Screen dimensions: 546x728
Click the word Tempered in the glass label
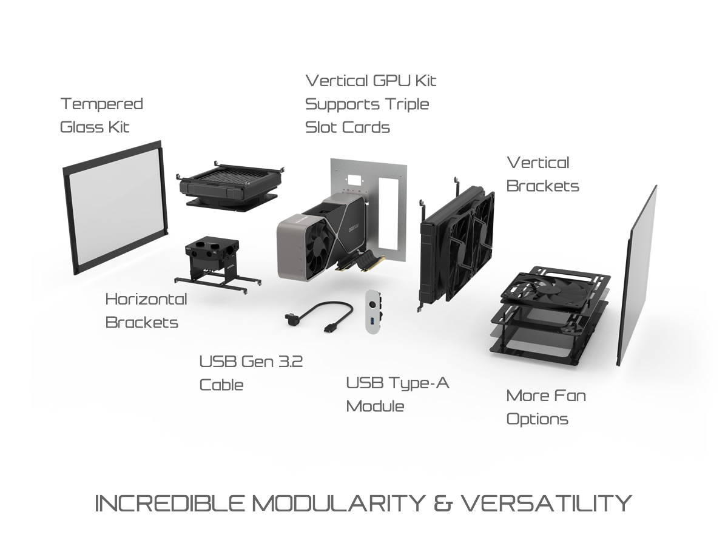click(101, 104)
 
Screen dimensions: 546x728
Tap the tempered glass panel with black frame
click(116, 206)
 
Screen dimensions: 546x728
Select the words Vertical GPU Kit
click(370, 81)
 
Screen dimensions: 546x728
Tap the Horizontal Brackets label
click(146, 311)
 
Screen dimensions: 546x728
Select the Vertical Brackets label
click(542, 174)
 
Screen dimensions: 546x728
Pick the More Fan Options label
click(545, 407)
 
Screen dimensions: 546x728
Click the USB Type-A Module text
click(397, 394)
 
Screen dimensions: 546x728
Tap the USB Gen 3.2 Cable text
click(251, 373)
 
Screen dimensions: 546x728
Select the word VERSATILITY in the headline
click(546, 504)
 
